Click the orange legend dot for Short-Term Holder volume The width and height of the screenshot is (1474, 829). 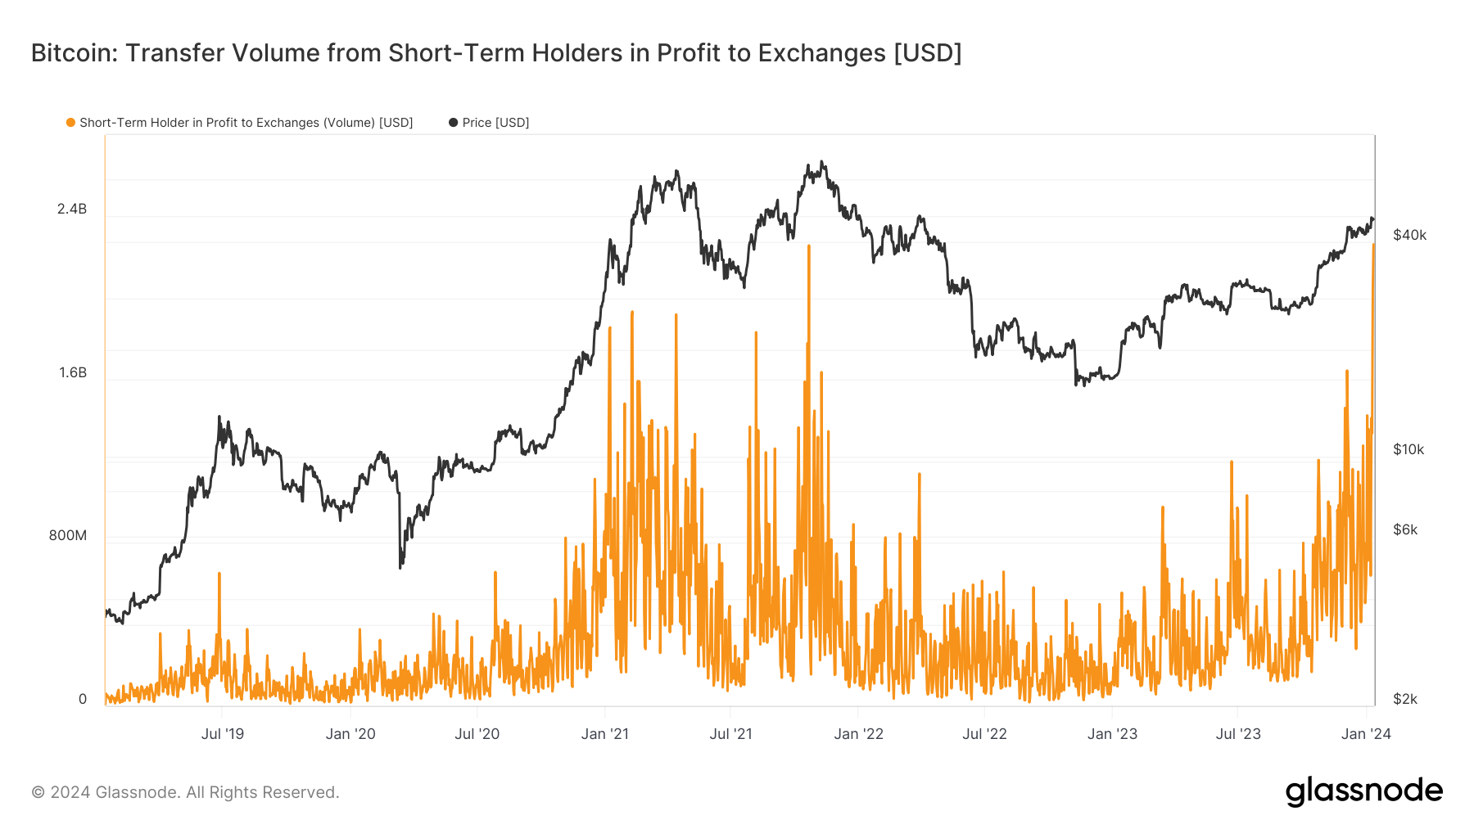click(70, 123)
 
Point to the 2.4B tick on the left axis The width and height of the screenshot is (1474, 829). click(72, 210)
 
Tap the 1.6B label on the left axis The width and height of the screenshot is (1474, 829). click(72, 373)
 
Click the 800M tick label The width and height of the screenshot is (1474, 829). click(67, 536)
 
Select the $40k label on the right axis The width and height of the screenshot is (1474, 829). click(1409, 236)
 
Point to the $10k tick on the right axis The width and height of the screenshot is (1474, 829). click(1408, 450)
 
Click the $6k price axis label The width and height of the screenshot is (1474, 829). click(1405, 530)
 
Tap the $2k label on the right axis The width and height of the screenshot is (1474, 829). click(1405, 700)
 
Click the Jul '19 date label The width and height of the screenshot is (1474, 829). click(223, 734)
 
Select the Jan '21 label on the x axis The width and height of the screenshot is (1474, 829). click(604, 734)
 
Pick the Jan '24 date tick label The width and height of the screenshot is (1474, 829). click(1366, 734)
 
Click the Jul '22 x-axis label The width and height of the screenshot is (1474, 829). click(984, 734)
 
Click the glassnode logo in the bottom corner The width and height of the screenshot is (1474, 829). click(1363, 791)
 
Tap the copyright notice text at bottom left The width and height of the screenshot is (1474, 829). click(185, 792)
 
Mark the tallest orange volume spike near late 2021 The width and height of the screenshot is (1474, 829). click(808, 248)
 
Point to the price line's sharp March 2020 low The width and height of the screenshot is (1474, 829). click(400, 566)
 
